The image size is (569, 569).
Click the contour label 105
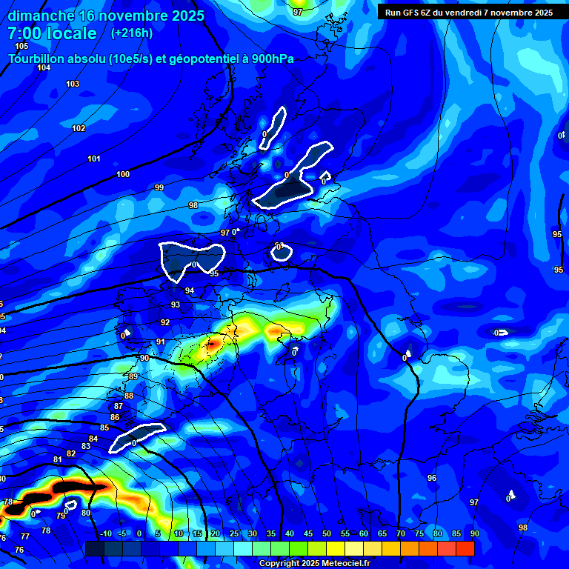21,46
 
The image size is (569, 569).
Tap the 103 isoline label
73,84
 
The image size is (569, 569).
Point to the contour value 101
94,159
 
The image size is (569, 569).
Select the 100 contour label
123,175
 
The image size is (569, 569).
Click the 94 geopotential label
190,290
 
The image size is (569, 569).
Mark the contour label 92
165,322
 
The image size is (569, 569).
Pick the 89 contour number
133,376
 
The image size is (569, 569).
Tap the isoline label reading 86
115,417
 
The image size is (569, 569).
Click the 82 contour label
71,453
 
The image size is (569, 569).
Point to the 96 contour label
432,478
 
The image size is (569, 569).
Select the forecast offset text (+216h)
132,33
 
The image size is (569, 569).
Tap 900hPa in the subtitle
269,59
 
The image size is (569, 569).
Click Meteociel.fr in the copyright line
341,564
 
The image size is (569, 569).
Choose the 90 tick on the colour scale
473,533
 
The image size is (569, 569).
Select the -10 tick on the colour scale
105,533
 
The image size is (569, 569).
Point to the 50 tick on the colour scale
327,533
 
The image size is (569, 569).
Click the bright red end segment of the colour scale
465,548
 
